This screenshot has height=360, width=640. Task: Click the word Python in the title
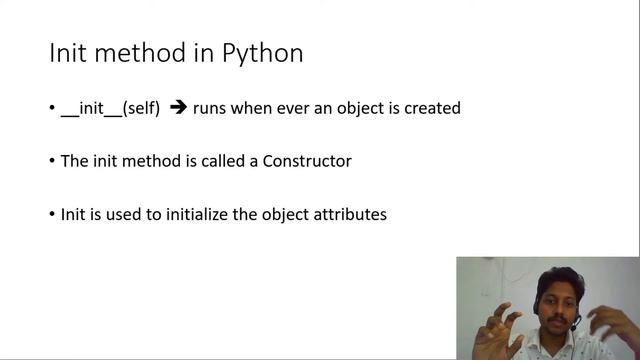coord(262,54)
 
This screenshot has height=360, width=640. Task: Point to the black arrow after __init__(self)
coord(179,108)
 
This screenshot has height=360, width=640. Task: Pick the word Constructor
coord(307,161)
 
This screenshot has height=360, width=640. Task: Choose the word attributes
coord(350,214)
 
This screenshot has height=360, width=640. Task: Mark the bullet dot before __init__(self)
coord(53,109)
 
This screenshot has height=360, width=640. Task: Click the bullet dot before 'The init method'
coord(53,162)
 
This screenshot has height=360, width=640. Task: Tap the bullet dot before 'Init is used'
coord(53,215)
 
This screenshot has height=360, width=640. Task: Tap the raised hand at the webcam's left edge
coord(494,334)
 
